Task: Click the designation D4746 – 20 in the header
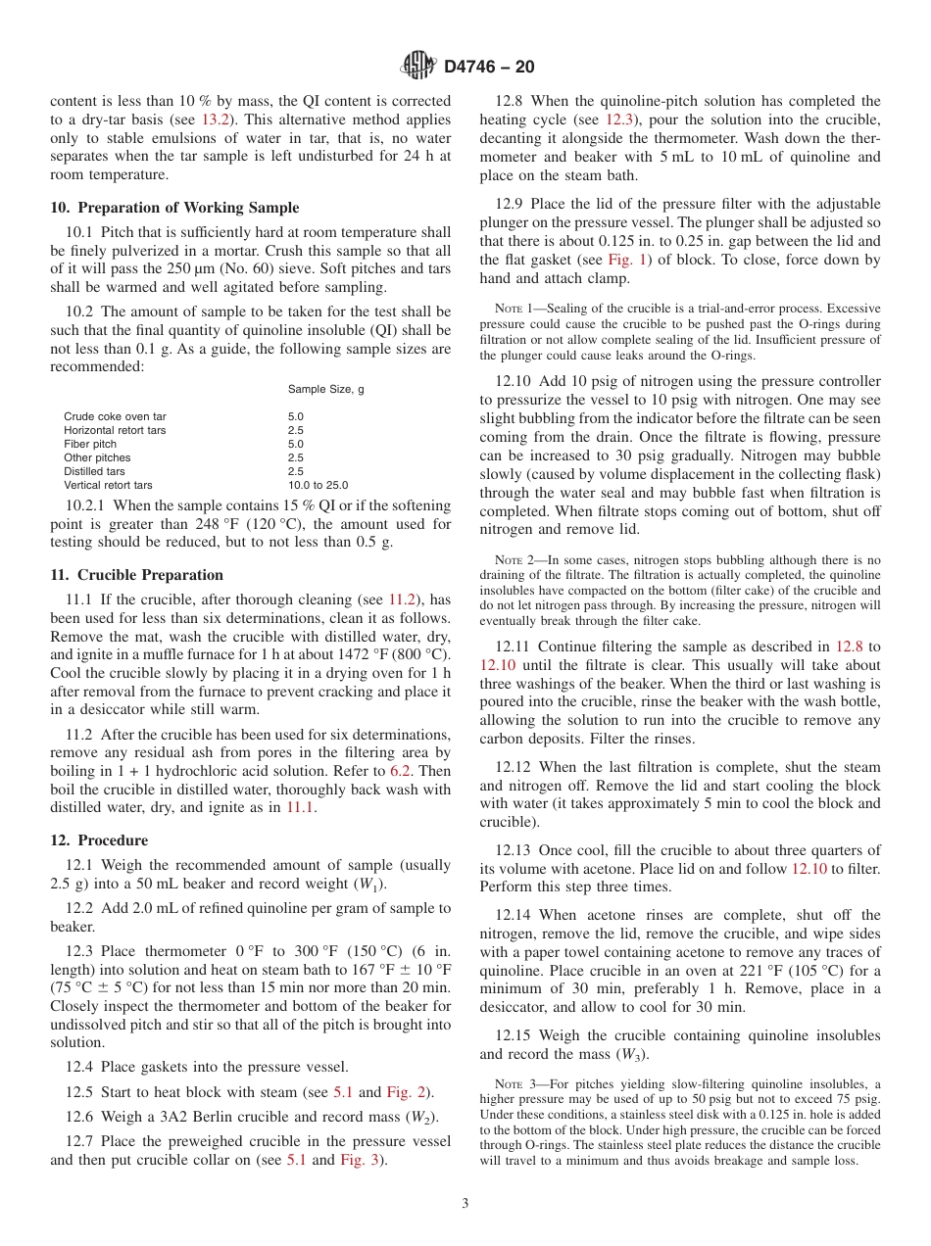tap(489, 68)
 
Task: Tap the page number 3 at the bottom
tap(465, 1203)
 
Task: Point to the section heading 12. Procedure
tap(99, 840)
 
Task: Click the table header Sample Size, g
tap(325, 389)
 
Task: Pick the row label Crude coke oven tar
tap(115, 416)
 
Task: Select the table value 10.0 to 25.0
tap(318, 485)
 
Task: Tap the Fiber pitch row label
tap(90, 444)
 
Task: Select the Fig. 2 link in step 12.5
tap(405, 1092)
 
